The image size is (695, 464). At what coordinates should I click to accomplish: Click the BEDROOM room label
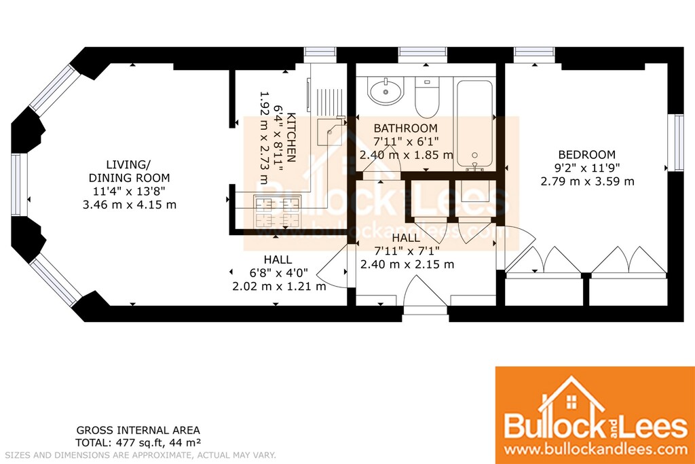click(586, 155)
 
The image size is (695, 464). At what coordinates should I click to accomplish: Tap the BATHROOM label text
click(406, 128)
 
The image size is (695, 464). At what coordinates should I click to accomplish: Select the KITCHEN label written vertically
click(291, 137)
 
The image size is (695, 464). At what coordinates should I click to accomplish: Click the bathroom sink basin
click(386, 92)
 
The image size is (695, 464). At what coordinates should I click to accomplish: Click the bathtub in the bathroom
click(474, 125)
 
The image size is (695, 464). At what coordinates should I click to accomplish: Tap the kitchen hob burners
click(277, 211)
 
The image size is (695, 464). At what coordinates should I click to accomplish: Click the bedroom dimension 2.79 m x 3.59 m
click(587, 181)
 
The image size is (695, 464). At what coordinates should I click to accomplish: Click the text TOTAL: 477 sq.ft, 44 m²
click(138, 442)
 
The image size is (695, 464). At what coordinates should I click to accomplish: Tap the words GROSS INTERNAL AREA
click(138, 430)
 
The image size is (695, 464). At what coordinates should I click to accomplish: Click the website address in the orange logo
click(595, 449)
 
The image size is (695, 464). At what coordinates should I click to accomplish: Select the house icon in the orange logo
click(571, 396)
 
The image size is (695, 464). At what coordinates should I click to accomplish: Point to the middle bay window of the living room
click(17, 185)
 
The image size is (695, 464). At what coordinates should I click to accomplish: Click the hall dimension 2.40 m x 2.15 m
click(407, 265)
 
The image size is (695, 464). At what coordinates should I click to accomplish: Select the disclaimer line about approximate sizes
click(140, 455)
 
